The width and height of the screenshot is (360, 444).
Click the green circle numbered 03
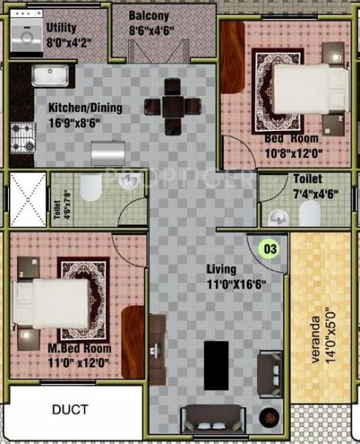coord(271,249)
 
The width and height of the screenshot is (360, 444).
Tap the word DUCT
coord(70,410)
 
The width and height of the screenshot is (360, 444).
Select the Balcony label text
coord(150,16)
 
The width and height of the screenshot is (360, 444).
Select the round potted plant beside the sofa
coord(268,417)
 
